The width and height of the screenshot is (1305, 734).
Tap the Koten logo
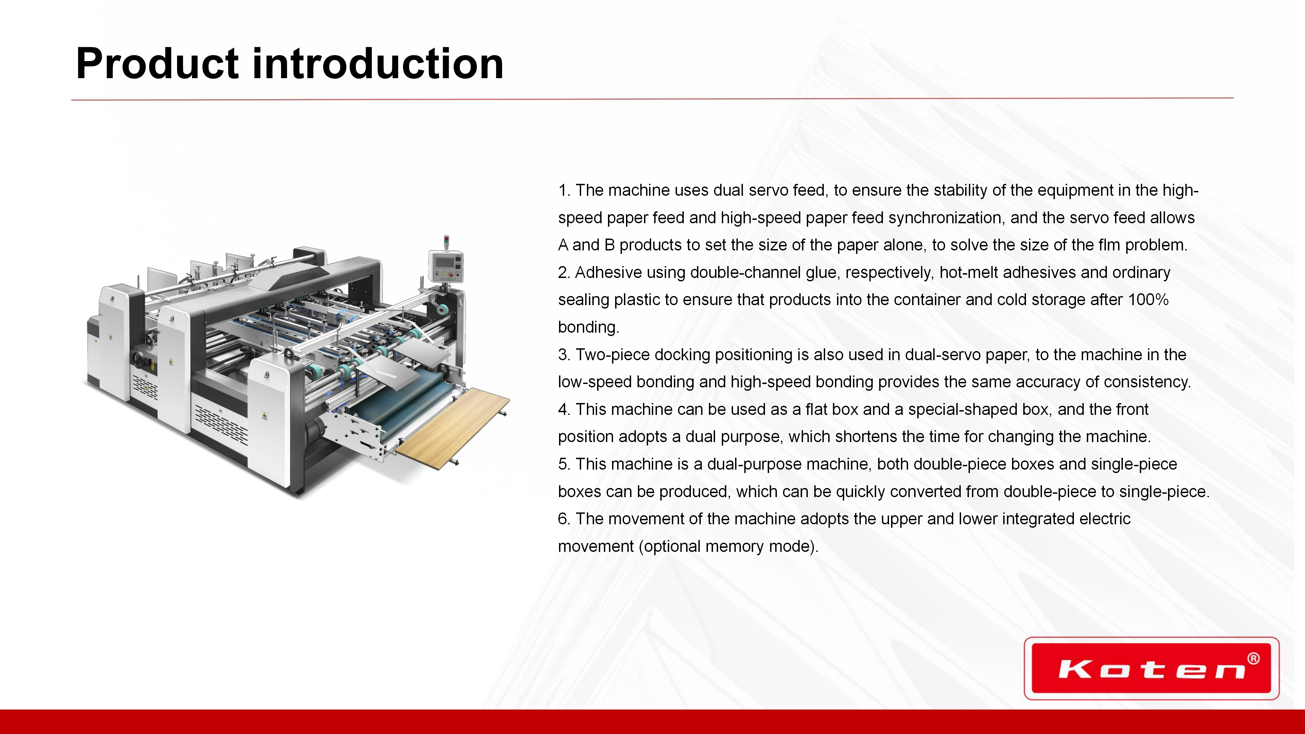[1151, 668]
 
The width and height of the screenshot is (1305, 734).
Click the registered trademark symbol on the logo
[1253, 659]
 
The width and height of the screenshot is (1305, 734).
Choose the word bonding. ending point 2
[589, 327]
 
